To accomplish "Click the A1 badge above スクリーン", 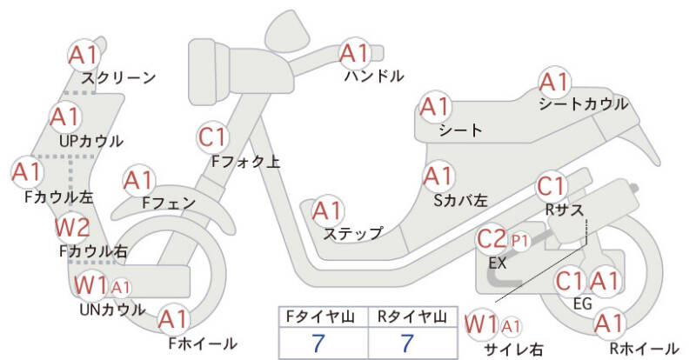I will click(84, 55).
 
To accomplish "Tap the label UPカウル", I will click(91, 141).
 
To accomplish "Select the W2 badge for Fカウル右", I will click(72, 229).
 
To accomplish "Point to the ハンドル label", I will click(374, 77).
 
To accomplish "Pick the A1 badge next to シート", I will click(435, 108).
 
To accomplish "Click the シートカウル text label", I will click(583, 104).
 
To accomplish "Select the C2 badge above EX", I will click(492, 238).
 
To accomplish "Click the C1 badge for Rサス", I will click(551, 186).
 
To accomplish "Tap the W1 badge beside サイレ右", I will click(482, 324).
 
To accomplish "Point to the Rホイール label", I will click(644, 349).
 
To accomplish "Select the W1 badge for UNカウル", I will click(90, 285).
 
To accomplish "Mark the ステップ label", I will click(351, 233).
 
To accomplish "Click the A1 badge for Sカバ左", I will click(438, 177).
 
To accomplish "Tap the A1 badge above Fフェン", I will click(138, 181).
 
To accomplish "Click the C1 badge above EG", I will click(570, 281).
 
